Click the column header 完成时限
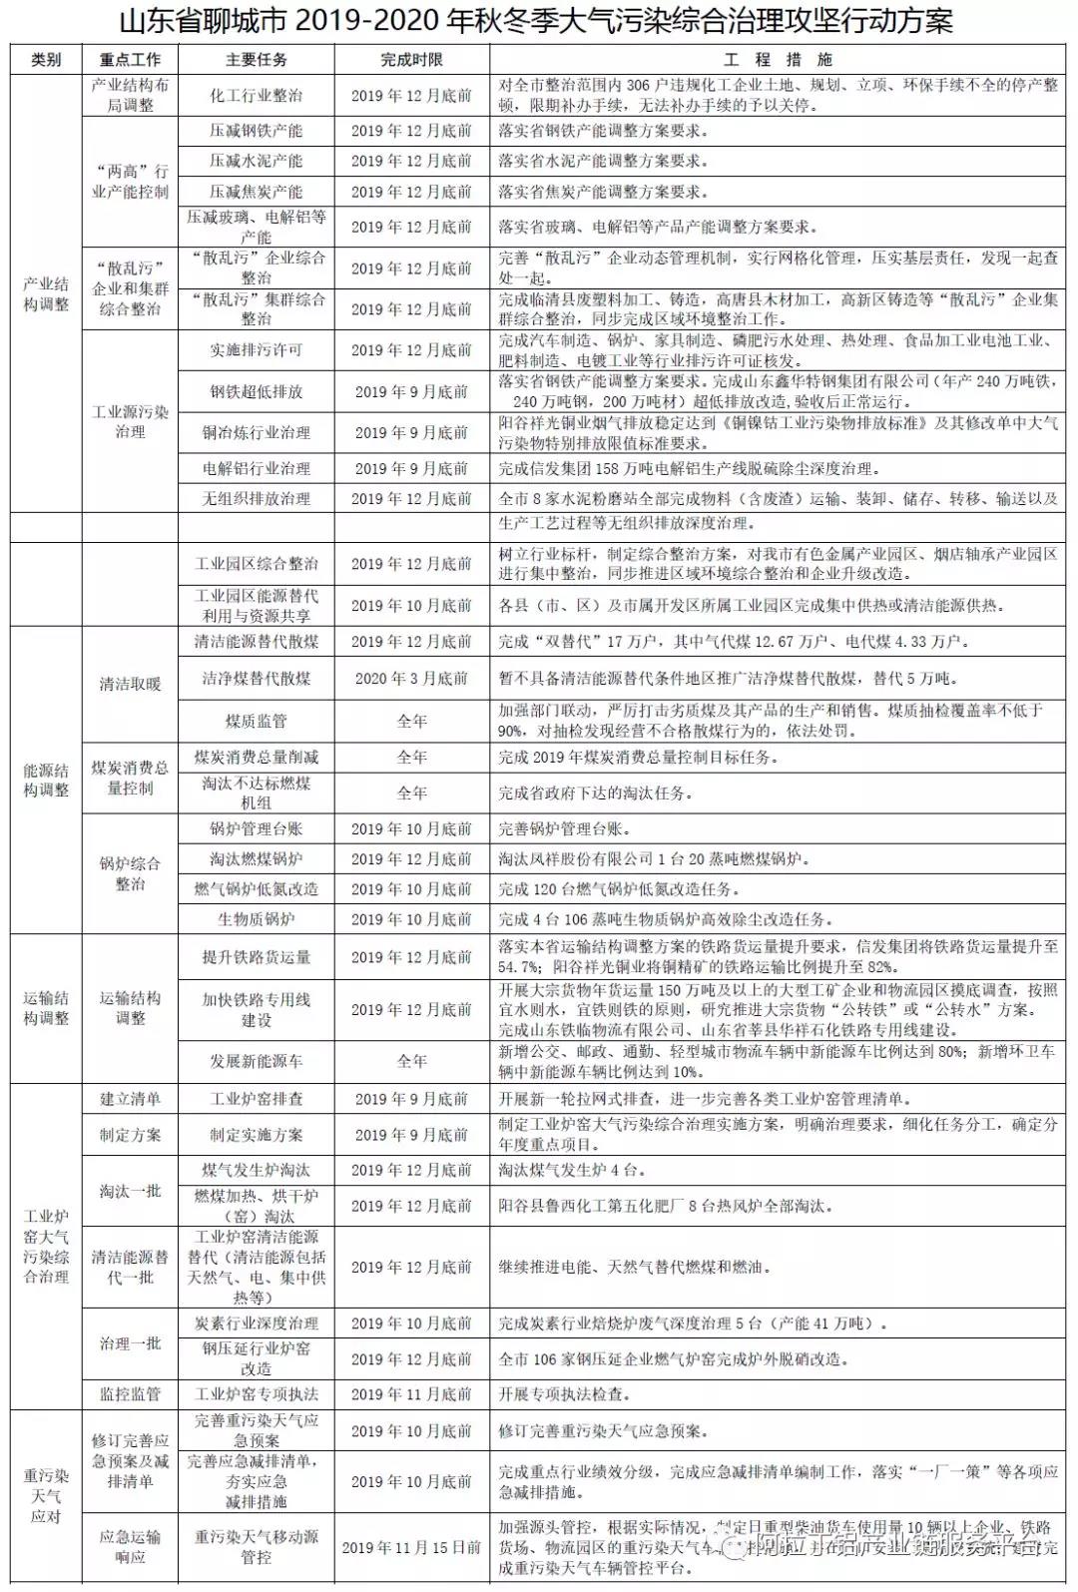(411, 60)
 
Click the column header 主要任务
(257, 60)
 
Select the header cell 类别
(46, 60)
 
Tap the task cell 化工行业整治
(257, 96)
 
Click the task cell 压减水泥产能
(257, 161)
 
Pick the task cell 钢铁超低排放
(257, 391)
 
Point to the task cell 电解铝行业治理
(257, 468)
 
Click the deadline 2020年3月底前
(411, 679)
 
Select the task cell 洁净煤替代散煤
(257, 679)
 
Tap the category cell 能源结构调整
(46, 781)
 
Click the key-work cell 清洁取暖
(130, 684)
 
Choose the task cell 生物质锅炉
(257, 919)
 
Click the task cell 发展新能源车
(257, 1061)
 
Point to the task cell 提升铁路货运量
(257, 957)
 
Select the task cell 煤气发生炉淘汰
(257, 1170)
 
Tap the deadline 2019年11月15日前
(411, 1547)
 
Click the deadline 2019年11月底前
(411, 1394)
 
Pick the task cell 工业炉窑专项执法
(257, 1394)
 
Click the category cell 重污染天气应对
(46, 1496)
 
